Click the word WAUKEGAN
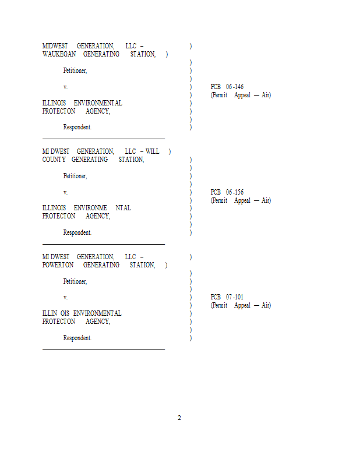point(59,54)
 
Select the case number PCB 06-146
point(227,87)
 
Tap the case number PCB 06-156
point(227,192)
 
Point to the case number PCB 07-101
point(227,297)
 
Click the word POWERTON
point(58,265)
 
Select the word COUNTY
point(54,160)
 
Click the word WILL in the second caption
point(152,151)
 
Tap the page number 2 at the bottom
point(179,418)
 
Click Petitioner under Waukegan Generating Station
point(75,70)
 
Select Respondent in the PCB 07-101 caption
point(77,338)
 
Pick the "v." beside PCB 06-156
point(65,193)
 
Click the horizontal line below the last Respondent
point(104,350)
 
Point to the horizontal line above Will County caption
point(104,139)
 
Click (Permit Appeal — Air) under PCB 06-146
point(241,95)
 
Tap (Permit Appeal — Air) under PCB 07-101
point(241,305)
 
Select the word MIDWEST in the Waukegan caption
point(55,46)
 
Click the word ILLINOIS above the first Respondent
point(54,103)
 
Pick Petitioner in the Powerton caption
point(75,281)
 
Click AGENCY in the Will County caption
point(98,216)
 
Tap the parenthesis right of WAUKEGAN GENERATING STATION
point(167,54)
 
